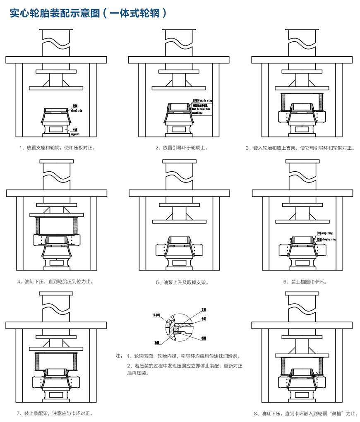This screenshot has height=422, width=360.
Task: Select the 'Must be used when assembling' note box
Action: (x=202, y=109)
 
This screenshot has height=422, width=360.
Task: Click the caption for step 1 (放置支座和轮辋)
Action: (x=58, y=147)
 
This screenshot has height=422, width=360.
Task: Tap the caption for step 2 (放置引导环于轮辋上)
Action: (x=182, y=147)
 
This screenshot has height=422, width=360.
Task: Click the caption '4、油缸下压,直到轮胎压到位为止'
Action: (x=55, y=282)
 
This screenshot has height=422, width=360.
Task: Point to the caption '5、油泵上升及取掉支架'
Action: (x=182, y=283)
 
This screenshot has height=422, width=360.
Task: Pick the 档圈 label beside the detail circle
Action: (x=204, y=338)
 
